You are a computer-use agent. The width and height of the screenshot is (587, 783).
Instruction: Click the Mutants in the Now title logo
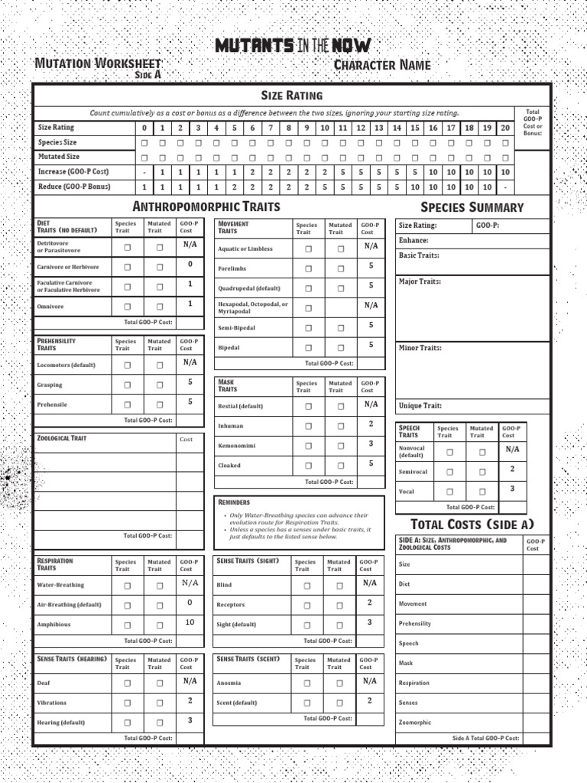[294, 46]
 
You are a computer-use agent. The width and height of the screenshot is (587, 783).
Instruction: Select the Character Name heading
[382, 65]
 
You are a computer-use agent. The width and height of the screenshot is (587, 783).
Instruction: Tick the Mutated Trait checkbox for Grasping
[159, 385]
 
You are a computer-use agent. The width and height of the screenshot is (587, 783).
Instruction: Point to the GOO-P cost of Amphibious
[190, 622]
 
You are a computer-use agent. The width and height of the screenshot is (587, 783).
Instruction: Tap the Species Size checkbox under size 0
[144, 142]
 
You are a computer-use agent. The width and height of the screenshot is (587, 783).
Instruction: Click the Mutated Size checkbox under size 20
[505, 158]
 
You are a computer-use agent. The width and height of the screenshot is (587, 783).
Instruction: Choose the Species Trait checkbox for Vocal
[449, 492]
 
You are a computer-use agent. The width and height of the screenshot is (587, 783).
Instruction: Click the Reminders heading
[234, 502]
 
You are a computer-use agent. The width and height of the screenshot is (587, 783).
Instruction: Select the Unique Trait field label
[420, 406]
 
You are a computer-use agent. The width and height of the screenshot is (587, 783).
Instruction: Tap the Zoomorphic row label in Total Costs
[414, 722]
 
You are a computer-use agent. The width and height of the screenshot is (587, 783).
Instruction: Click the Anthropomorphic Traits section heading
[206, 206]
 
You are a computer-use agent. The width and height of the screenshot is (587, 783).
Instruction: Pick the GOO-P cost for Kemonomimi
[371, 443]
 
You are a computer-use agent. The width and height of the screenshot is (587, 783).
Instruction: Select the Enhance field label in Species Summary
[413, 240]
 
